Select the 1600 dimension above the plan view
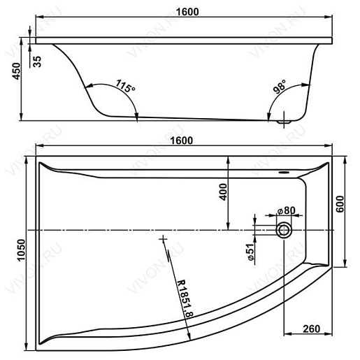(x=180, y=141)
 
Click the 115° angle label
(x=125, y=87)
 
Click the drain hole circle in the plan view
(x=285, y=229)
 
